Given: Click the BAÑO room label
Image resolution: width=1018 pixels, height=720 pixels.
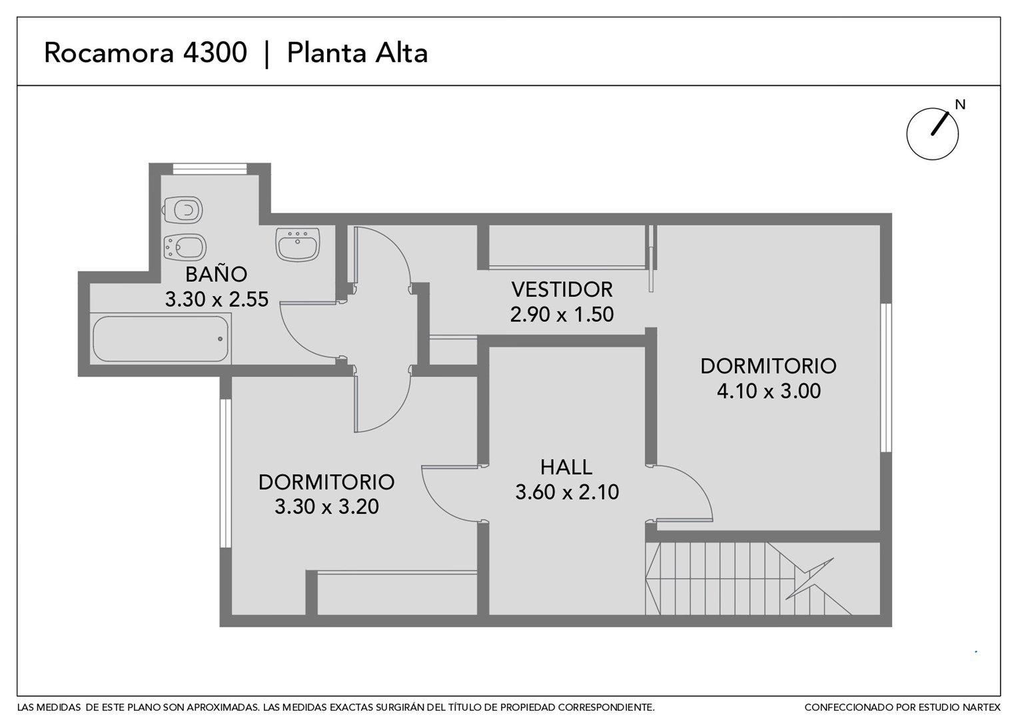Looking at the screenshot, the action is [217, 274].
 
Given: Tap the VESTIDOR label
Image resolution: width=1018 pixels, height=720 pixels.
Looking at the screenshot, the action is [562, 290].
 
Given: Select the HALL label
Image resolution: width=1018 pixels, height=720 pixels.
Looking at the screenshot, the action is [566, 467].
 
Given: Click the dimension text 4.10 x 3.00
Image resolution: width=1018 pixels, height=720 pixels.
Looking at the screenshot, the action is [769, 391].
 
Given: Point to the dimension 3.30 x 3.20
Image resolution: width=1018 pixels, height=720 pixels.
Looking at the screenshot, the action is [326, 507].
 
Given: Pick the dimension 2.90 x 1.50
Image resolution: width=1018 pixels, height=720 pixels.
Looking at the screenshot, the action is [562, 314].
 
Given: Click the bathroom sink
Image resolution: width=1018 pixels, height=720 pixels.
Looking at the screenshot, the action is [298, 244].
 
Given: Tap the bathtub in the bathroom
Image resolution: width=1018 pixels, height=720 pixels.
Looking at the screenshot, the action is [161, 339].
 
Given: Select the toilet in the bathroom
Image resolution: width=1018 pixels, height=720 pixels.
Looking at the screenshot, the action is [183, 210].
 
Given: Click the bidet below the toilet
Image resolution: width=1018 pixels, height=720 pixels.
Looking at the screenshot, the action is [184, 247].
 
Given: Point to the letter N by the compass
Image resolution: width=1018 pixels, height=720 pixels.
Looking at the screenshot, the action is [960, 105].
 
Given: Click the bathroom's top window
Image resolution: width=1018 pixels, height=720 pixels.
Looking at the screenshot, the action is [210, 169].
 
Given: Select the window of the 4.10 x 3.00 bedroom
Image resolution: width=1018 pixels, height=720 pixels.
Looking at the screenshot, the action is [885, 377].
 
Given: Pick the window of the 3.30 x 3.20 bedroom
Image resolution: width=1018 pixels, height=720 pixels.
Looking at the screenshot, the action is [225, 473].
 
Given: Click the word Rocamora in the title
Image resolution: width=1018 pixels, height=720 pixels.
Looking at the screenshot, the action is [109, 53].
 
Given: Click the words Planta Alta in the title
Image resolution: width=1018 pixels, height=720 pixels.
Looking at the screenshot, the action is [357, 53].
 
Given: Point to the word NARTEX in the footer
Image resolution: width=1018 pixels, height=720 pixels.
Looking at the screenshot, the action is [981, 708].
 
